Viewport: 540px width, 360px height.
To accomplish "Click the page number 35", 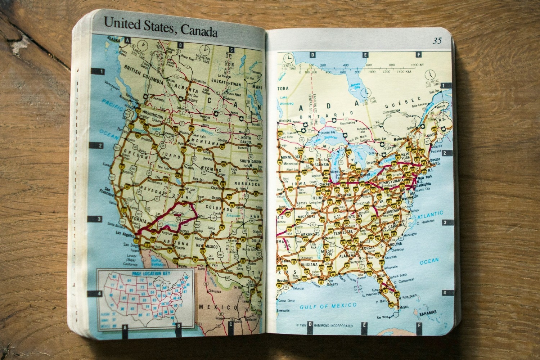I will tap(437, 41).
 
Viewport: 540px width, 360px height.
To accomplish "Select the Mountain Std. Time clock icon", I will tap(205, 49).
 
